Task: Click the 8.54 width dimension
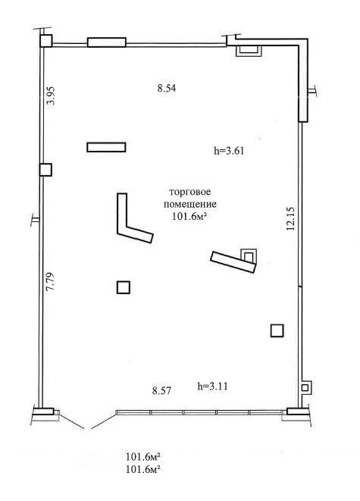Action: click(166, 89)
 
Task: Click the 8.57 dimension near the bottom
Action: click(162, 391)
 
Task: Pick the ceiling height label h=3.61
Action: click(228, 150)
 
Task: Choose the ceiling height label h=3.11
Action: click(212, 386)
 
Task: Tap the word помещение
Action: click(190, 205)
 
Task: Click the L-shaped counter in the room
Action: click(130, 224)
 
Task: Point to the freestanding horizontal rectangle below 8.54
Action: click(106, 147)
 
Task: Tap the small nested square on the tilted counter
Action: click(247, 255)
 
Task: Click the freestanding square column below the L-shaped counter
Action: click(124, 287)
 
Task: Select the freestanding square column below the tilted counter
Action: click(277, 330)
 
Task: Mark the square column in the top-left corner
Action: click(46, 41)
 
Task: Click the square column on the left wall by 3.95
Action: click(46, 170)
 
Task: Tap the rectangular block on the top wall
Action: click(106, 42)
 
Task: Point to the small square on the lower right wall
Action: click(305, 388)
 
